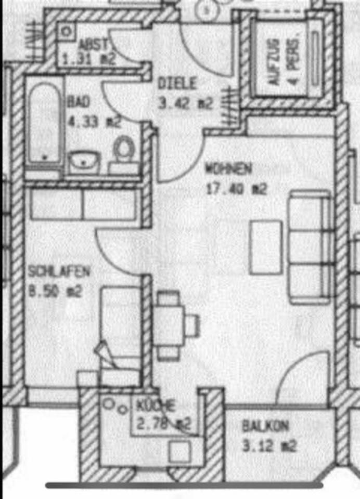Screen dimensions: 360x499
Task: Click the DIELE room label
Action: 177,83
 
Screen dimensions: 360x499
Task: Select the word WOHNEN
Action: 228,168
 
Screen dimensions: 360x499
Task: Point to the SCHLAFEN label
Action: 59,271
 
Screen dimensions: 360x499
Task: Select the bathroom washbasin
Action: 84,162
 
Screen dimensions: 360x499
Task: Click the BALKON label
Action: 265,426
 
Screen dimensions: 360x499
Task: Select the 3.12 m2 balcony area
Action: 269,445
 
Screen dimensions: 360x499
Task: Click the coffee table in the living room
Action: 265,247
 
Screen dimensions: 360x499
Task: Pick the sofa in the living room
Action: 311,246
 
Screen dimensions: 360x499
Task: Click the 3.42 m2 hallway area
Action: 186,103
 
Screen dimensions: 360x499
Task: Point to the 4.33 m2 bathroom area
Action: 94,123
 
